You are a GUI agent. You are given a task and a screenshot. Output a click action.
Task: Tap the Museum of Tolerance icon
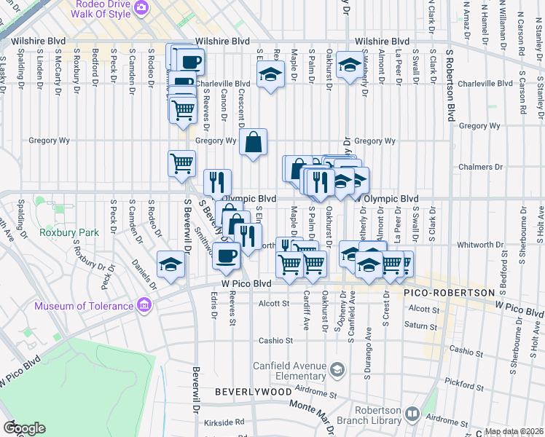click(x=144, y=304)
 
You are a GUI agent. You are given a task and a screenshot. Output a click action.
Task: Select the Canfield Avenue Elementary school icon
click(x=337, y=370)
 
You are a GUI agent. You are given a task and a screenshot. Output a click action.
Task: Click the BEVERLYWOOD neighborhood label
click(x=245, y=392)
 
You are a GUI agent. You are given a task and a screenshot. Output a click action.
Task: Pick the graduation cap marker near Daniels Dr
click(x=170, y=264)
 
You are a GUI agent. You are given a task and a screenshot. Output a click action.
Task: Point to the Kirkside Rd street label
click(x=224, y=422)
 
